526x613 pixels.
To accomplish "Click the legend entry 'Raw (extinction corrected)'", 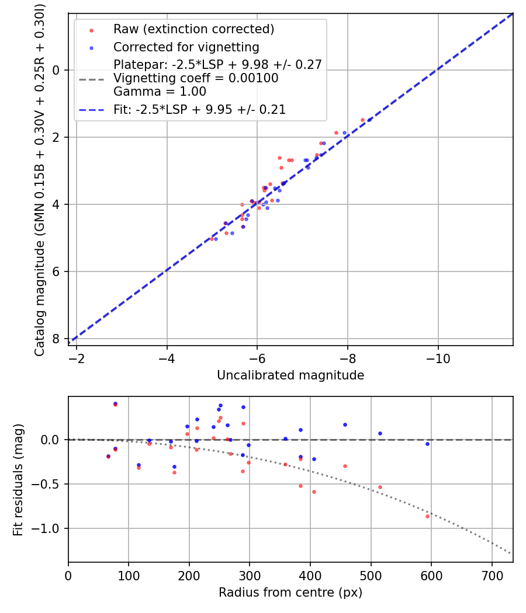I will [x=193, y=29].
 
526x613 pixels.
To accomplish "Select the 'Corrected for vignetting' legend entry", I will [x=186, y=47].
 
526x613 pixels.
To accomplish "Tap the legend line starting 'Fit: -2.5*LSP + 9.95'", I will [x=199, y=109].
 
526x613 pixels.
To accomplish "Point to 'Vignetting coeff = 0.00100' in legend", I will [x=196, y=78].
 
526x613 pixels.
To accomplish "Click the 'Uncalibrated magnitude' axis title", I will [x=290, y=375].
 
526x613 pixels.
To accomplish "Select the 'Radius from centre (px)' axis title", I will [x=290, y=593].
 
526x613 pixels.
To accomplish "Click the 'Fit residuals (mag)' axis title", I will [x=18, y=479].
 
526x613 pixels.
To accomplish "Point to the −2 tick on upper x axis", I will [x=77, y=358].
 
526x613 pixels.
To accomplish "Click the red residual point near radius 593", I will [x=427, y=516].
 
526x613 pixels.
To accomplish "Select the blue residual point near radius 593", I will [x=427, y=444].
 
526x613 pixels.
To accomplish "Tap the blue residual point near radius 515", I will [x=380, y=433].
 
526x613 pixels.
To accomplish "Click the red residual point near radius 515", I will [x=380, y=487].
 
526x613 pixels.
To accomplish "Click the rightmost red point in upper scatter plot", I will [x=362, y=120].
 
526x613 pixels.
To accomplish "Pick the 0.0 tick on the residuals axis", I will [x=53, y=440].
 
